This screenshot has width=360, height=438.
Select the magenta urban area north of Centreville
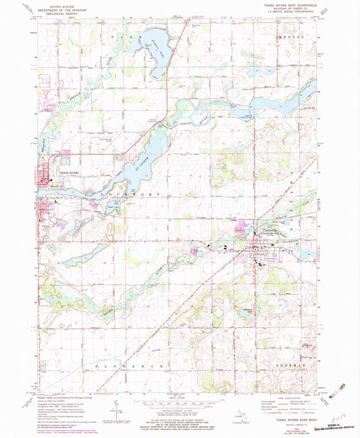click(239, 230)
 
